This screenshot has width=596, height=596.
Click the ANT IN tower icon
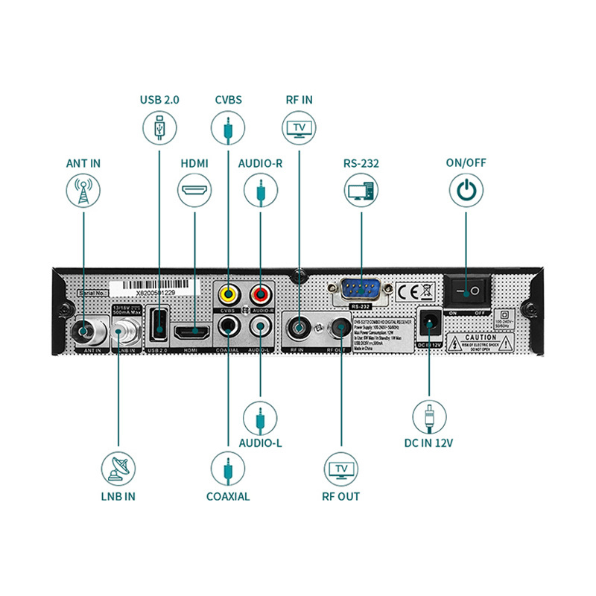[83, 191]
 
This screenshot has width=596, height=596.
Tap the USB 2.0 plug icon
[159, 127]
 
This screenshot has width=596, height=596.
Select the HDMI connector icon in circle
[194, 191]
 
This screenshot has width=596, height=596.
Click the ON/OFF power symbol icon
[466, 191]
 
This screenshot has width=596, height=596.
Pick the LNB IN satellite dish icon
[118, 468]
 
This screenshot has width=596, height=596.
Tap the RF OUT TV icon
[342, 468]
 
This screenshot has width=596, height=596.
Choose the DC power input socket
[428, 323]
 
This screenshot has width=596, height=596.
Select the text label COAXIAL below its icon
[228, 496]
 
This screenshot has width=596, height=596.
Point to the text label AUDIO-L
[260, 443]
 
